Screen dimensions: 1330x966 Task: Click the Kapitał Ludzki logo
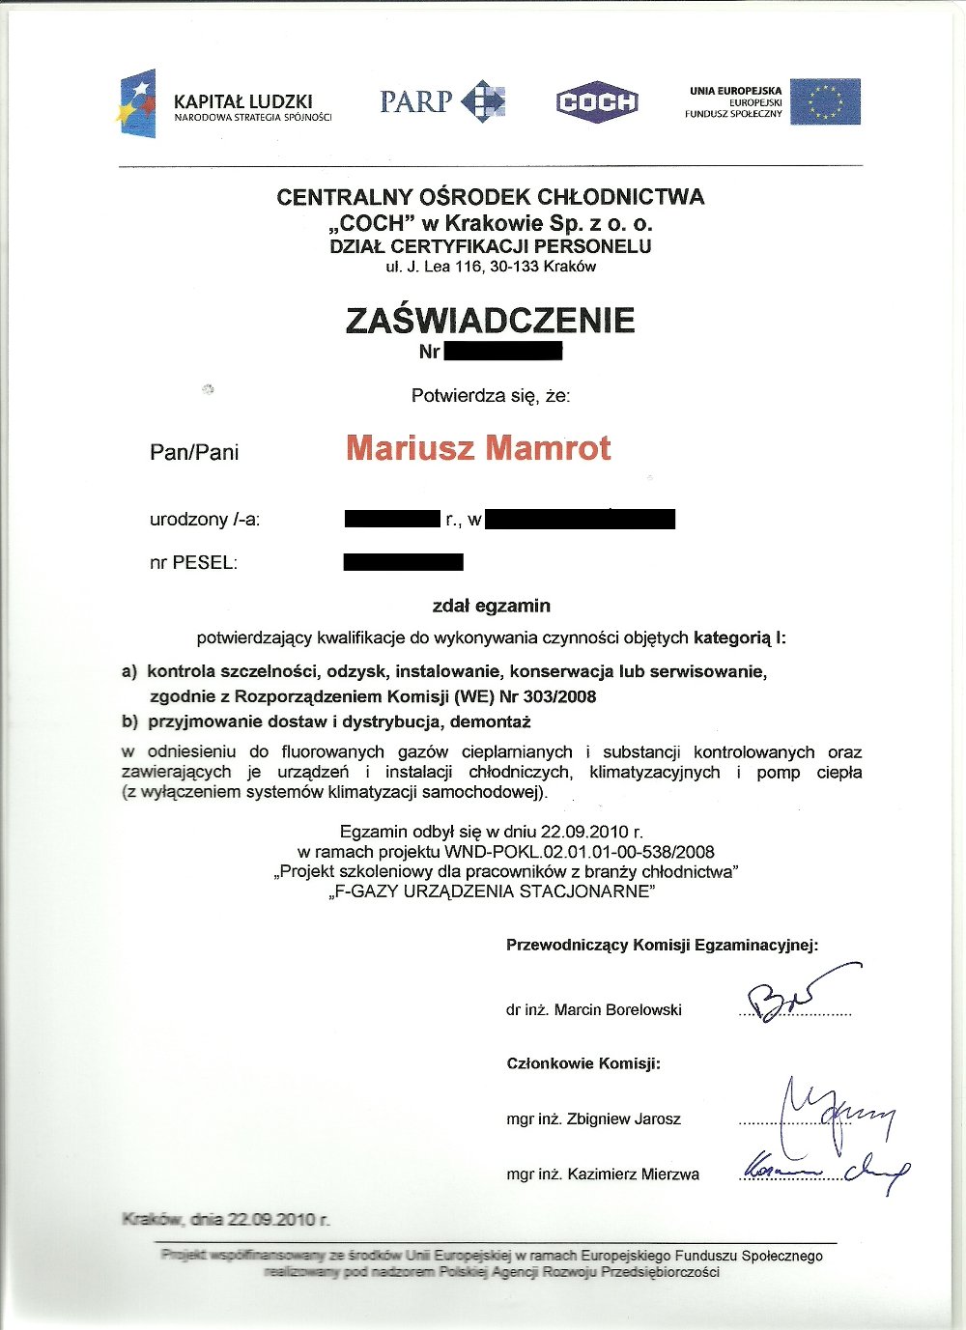pos(224,104)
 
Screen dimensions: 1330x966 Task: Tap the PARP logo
pos(442,101)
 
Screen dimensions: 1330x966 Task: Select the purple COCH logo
pos(597,101)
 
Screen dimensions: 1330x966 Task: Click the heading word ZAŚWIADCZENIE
pos(490,320)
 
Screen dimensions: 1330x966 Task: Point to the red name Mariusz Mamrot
pos(478,448)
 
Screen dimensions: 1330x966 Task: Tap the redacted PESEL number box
pos(403,561)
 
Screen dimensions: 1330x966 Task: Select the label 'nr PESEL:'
pos(193,562)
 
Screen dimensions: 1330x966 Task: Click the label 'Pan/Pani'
pos(194,452)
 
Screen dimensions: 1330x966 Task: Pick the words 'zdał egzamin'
pos(491,606)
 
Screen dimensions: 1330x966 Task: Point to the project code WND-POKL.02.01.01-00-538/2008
pos(580,852)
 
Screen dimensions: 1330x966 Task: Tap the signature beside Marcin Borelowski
pos(792,993)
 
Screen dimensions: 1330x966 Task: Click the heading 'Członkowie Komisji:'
pos(583,1063)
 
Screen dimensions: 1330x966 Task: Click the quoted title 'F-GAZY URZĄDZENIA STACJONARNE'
pos(492,891)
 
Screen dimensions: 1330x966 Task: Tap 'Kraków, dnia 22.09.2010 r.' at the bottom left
pos(226,1220)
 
